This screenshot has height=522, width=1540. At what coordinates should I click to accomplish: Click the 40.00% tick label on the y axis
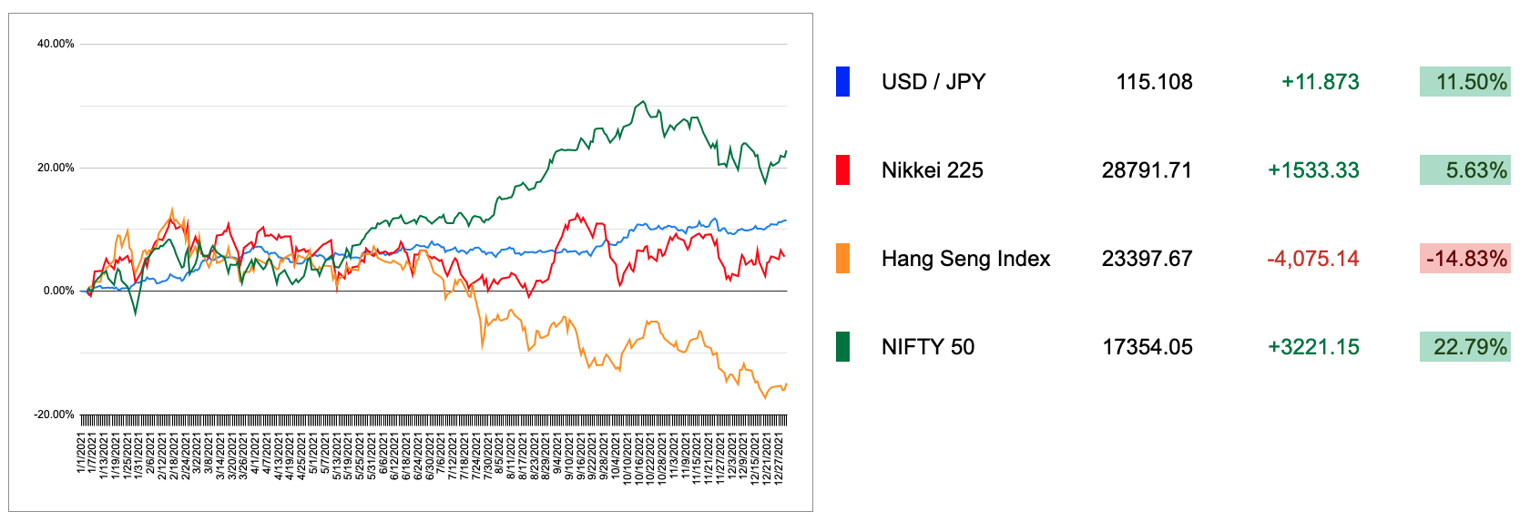56,44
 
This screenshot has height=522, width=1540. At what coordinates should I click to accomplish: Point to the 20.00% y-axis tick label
56,168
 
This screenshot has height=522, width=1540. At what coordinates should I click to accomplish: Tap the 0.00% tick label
58,291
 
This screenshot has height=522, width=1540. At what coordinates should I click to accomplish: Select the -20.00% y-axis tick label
55,415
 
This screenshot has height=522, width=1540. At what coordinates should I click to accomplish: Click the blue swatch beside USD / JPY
842,82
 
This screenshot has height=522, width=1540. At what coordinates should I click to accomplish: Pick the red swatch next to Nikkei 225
842,170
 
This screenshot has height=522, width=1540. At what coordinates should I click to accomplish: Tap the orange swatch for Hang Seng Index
842,259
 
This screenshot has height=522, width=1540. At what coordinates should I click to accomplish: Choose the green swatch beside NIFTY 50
842,347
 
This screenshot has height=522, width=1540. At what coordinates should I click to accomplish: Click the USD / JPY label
933,82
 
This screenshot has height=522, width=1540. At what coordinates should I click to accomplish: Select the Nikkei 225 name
933,170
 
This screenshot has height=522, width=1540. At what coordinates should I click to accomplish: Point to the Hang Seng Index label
965,259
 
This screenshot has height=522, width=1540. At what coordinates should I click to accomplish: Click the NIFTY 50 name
928,347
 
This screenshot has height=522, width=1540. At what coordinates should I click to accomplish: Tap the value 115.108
1154,82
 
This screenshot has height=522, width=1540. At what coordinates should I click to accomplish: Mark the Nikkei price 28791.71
1147,170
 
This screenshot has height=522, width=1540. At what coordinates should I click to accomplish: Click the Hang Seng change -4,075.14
1312,259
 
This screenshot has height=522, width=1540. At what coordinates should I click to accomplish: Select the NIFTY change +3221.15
1313,347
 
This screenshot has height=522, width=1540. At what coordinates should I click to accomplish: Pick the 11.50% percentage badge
1464,82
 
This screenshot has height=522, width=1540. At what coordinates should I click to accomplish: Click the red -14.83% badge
1464,259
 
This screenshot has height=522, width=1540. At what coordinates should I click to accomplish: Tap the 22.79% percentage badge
1464,347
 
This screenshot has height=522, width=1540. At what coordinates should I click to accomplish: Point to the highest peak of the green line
643,101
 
